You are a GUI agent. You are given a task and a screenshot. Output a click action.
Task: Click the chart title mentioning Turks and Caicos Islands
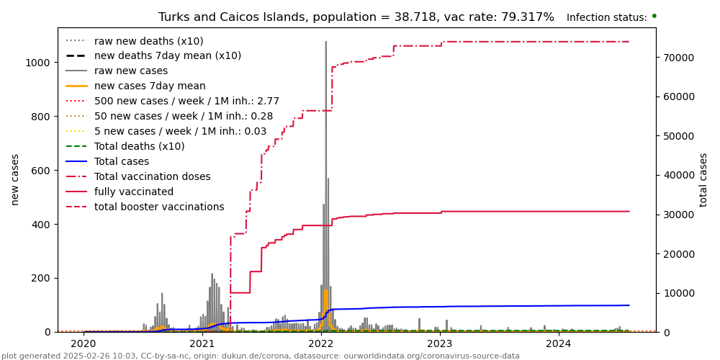click(x=356, y=17)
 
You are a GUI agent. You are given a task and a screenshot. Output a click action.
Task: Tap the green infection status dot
click(x=654, y=16)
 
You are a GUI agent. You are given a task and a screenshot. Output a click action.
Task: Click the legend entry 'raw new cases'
click(x=131, y=71)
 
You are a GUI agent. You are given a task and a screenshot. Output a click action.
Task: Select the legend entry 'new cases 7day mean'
click(x=150, y=86)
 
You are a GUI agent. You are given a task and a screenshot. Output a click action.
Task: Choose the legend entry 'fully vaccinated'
click(x=134, y=192)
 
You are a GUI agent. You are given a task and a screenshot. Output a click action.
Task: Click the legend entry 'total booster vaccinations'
click(x=159, y=207)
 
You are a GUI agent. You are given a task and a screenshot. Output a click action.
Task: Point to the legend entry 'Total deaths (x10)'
click(x=140, y=147)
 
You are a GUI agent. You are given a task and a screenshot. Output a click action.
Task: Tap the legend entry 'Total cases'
click(x=122, y=162)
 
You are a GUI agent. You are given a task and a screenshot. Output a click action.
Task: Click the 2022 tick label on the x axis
click(x=320, y=344)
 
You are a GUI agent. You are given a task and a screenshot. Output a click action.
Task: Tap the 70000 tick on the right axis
click(x=677, y=58)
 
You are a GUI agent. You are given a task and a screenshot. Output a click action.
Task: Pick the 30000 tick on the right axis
click(x=677, y=215)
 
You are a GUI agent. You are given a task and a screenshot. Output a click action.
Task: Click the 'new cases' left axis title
click(x=15, y=179)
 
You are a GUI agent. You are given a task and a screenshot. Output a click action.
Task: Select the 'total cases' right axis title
click(x=704, y=179)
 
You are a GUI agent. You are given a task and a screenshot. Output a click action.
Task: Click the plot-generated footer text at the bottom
click(x=261, y=356)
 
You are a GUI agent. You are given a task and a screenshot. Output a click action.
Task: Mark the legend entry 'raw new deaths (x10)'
click(x=149, y=41)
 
